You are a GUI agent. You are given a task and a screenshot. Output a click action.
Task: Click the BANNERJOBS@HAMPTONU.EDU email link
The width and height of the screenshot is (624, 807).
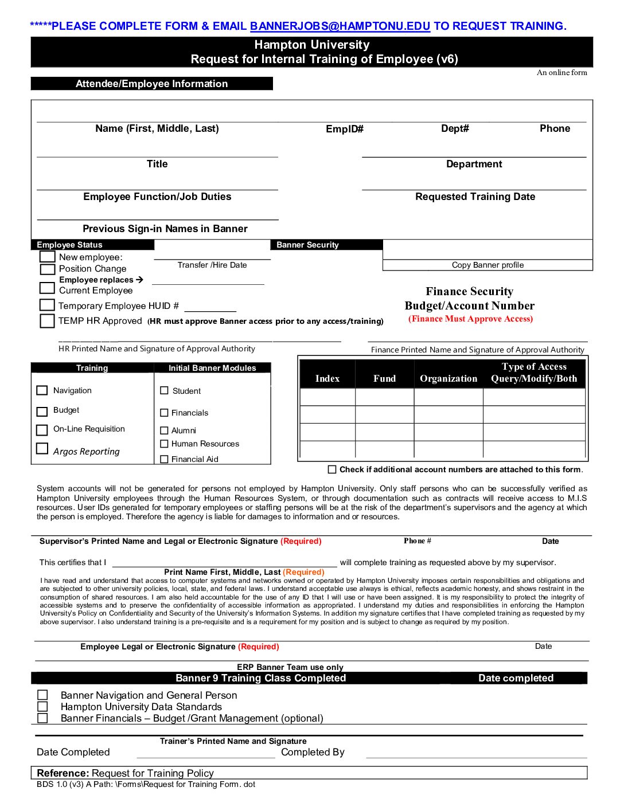coord(340,26)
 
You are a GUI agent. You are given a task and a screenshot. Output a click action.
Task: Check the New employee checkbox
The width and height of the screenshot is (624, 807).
coord(48,257)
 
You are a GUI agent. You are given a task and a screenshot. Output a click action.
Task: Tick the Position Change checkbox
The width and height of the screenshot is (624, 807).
coord(48,269)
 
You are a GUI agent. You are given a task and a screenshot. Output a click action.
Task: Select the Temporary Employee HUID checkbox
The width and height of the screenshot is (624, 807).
coord(48,305)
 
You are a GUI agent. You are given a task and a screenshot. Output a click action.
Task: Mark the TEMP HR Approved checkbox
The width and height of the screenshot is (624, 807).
coord(48,320)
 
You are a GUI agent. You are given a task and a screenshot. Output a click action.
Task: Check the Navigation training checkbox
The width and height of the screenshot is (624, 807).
coord(42,390)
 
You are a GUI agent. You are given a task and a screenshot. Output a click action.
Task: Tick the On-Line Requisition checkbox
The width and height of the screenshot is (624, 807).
coord(42,429)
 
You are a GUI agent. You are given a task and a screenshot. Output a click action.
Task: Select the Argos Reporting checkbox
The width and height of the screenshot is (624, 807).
coord(42,449)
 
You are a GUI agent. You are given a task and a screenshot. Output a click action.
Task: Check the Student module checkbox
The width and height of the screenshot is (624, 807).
coord(165,391)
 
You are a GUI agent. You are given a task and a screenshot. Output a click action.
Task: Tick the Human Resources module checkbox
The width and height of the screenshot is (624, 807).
coord(165,444)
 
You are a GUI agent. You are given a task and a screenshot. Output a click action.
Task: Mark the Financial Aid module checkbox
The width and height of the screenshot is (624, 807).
coord(165,459)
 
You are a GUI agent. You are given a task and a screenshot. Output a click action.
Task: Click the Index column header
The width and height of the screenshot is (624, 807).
coord(327,378)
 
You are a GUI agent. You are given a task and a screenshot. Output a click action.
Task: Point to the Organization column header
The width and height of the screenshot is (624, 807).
coord(448,378)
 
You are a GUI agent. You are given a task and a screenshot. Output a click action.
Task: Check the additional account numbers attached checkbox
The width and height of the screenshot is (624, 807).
coord(332,469)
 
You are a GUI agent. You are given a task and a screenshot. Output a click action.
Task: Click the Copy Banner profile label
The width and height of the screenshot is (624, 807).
coord(487,265)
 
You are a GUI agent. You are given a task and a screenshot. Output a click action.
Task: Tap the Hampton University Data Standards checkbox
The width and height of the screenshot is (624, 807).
coord(42,707)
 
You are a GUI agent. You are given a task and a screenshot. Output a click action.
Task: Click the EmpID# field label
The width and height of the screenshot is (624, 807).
coord(345,129)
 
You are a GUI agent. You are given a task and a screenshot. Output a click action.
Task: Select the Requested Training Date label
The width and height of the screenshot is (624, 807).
coord(475,197)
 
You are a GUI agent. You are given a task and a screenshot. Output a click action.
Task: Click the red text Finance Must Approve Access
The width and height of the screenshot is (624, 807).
coord(470,319)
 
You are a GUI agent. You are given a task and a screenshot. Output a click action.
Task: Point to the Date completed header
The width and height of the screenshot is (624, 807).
coord(516,678)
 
